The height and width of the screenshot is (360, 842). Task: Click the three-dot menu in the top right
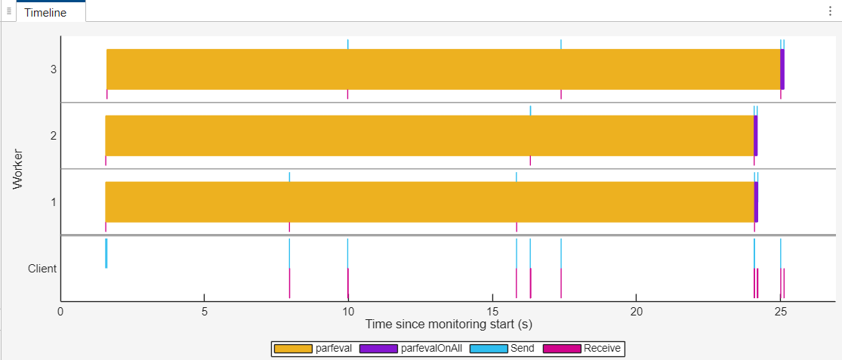point(830,11)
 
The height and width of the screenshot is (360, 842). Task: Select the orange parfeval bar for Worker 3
point(443,69)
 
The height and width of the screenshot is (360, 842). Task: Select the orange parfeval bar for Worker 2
point(429,136)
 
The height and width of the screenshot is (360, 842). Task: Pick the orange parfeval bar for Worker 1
point(429,202)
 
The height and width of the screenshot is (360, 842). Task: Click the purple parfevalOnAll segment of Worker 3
point(782,69)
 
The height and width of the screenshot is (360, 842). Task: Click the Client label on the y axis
point(42,269)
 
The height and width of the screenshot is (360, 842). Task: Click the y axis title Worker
point(18,169)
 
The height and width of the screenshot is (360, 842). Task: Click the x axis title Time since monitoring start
point(447,325)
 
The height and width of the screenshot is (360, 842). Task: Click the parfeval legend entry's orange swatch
point(293,349)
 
